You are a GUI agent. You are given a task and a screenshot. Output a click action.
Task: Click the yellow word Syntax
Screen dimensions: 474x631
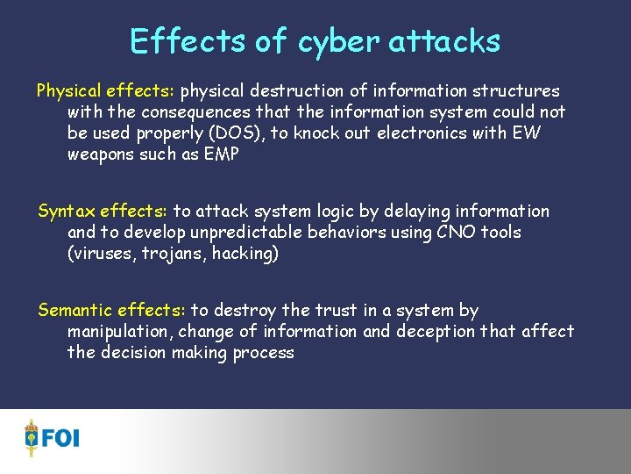(x=66, y=212)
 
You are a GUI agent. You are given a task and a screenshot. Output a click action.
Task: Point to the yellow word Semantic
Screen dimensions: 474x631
(x=74, y=310)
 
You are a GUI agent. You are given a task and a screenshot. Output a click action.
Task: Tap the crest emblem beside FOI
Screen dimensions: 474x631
(x=32, y=437)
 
